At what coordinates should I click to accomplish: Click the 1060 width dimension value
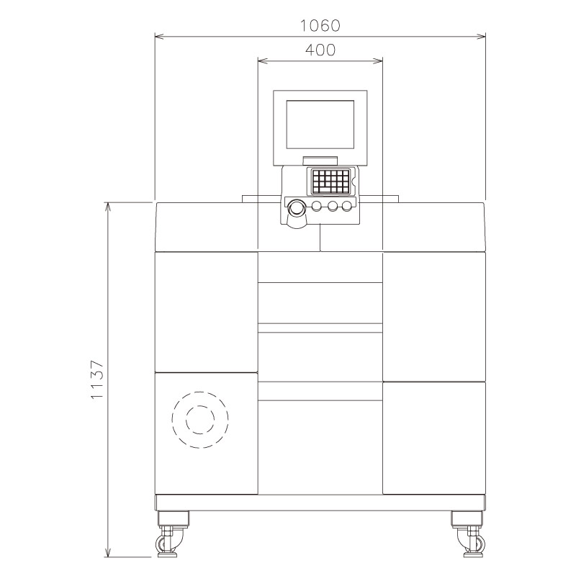coord(320,24)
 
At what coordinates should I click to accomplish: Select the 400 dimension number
coord(320,50)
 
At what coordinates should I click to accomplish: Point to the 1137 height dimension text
coord(99,380)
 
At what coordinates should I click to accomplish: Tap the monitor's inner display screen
coord(320,124)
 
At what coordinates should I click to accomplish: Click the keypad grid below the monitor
coord(330,181)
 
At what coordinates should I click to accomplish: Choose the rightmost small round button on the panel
coord(347,207)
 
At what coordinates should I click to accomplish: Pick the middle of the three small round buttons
coord(332,207)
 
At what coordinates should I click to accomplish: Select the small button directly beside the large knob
coord(317,207)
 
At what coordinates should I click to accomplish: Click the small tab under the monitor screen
coord(320,159)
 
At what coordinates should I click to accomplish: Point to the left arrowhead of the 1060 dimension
coord(159,35)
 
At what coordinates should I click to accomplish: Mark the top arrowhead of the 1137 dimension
coord(108,207)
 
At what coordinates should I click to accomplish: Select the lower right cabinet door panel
coord(433,438)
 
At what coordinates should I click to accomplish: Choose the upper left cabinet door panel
coord(207,311)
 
